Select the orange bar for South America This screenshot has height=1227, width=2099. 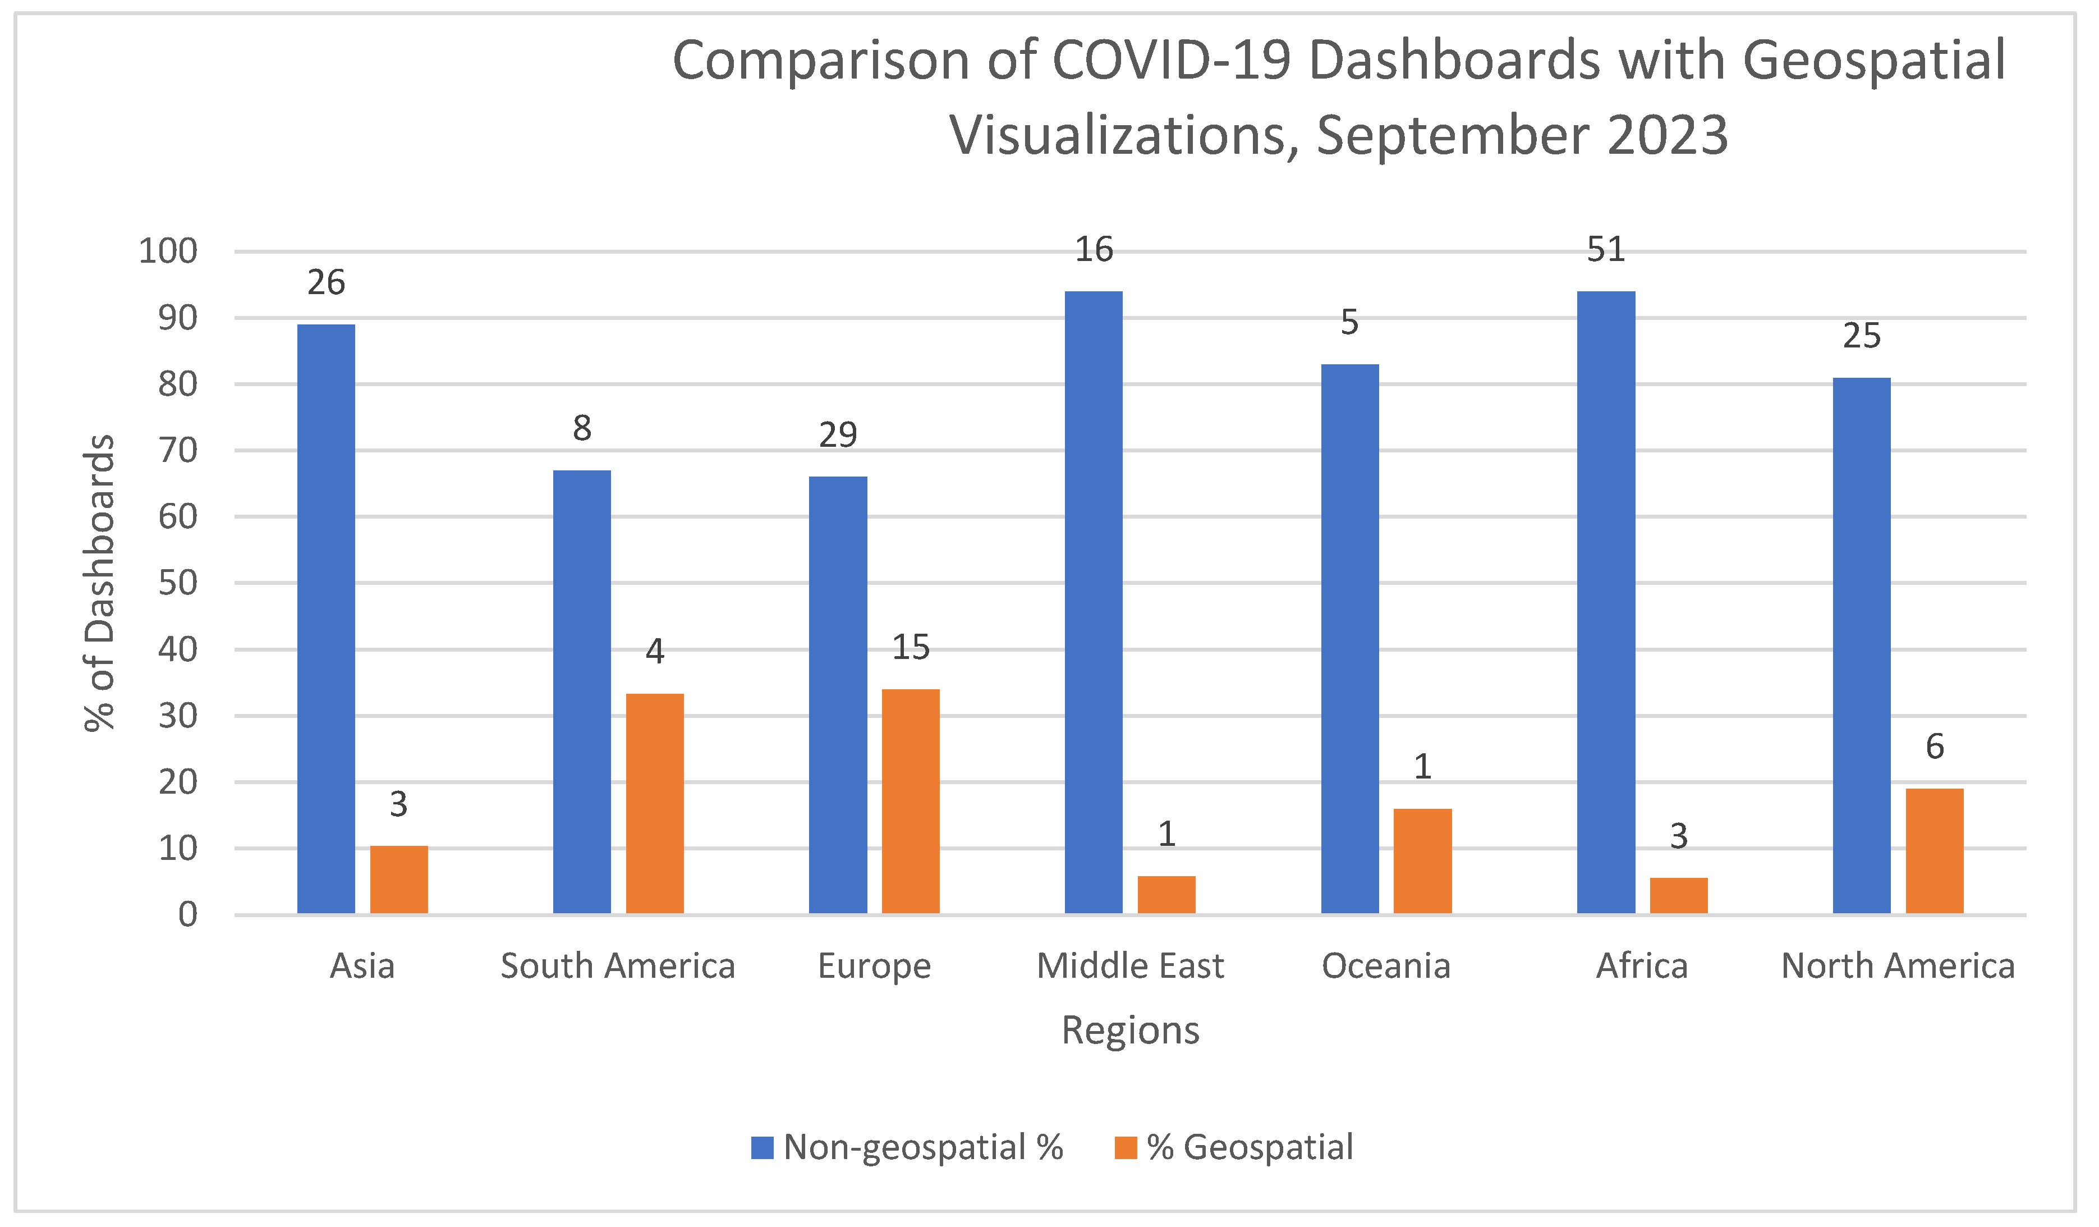[x=655, y=804]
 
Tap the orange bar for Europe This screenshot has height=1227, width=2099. [x=911, y=802]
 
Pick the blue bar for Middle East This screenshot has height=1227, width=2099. [x=1094, y=602]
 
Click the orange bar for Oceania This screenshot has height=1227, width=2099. [x=1423, y=862]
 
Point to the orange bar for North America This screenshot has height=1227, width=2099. [x=1935, y=851]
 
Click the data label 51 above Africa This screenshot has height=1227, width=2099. [x=1606, y=250]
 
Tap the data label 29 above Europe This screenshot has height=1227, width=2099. [x=838, y=435]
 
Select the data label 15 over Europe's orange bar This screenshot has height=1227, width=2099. [x=911, y=647]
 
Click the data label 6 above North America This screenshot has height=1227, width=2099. [x=1935, y=747]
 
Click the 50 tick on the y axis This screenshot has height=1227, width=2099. [x=177, y=582]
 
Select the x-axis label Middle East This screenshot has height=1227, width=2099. [x=1130, y=966]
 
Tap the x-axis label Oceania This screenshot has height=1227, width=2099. [x=1386, y=966]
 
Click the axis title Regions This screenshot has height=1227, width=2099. [x=1130, y=1031]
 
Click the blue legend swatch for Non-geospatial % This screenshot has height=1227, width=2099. [x=762, y=1148]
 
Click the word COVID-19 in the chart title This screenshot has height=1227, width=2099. [x=1173, y=61]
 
